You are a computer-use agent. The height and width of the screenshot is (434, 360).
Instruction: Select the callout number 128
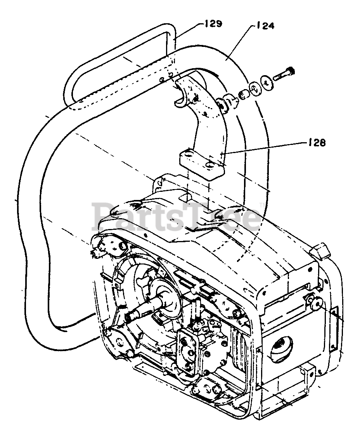(x=317, y=142)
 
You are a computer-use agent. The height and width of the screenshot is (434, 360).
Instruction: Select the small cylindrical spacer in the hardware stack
(x=243, y=94)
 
